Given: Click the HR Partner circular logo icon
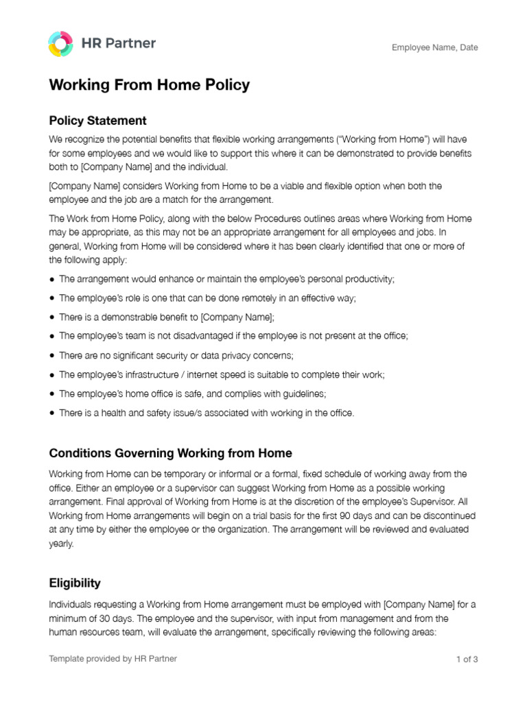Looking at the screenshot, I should pyautogui.click(x=60, y=44).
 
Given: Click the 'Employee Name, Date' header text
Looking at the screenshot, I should pyautogui.click(x=434, y=48).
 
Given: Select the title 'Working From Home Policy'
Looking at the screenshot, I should pyautogui.click(x=149, y=86).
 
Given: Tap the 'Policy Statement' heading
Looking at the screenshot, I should pyautogui.click(x=97, y=121).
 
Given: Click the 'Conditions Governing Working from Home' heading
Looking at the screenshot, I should pyautogui.click(x=170, y=453).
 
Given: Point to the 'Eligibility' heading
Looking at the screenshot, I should pyautogui.click(x=75, y=583).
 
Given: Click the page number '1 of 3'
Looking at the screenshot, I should pyautogui.click(x=467, y=659).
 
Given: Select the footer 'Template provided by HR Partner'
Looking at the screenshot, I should pyautogui.click(x=113, y=659).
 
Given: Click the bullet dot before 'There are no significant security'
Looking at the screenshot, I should pyautogui.click(x=53, y=356).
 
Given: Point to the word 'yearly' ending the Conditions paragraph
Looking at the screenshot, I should pyautogui.click(x=60, y=544).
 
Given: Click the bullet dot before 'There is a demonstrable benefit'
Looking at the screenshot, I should pyautogui.click(x=53, y=317).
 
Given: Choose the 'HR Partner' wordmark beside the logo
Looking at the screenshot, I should pyautogui.click(x=119, y=43).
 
